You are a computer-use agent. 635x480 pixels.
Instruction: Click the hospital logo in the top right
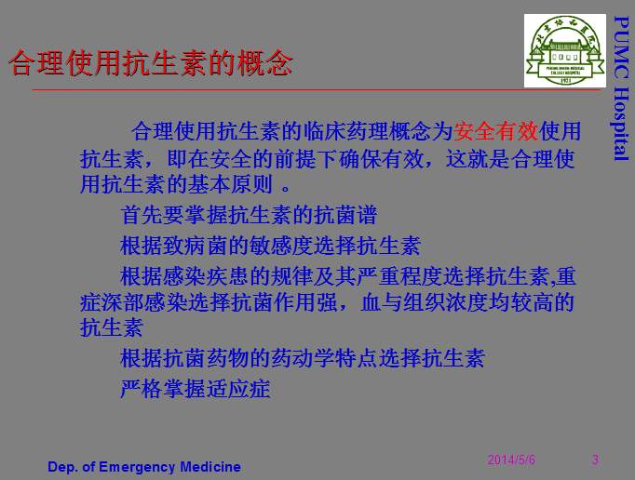[x=564, y=52]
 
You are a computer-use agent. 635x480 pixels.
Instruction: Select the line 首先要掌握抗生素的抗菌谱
[x=249, y=216]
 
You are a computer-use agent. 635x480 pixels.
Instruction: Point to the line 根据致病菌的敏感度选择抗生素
[x=270, y=247]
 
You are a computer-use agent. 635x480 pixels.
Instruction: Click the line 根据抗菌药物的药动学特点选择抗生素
[x=303, y=358]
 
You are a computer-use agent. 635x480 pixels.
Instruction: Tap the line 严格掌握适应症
[x=196, y=388]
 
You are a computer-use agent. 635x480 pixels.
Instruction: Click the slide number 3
[x=595, y=460]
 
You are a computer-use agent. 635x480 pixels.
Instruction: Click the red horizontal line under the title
[x=317, y=90]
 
